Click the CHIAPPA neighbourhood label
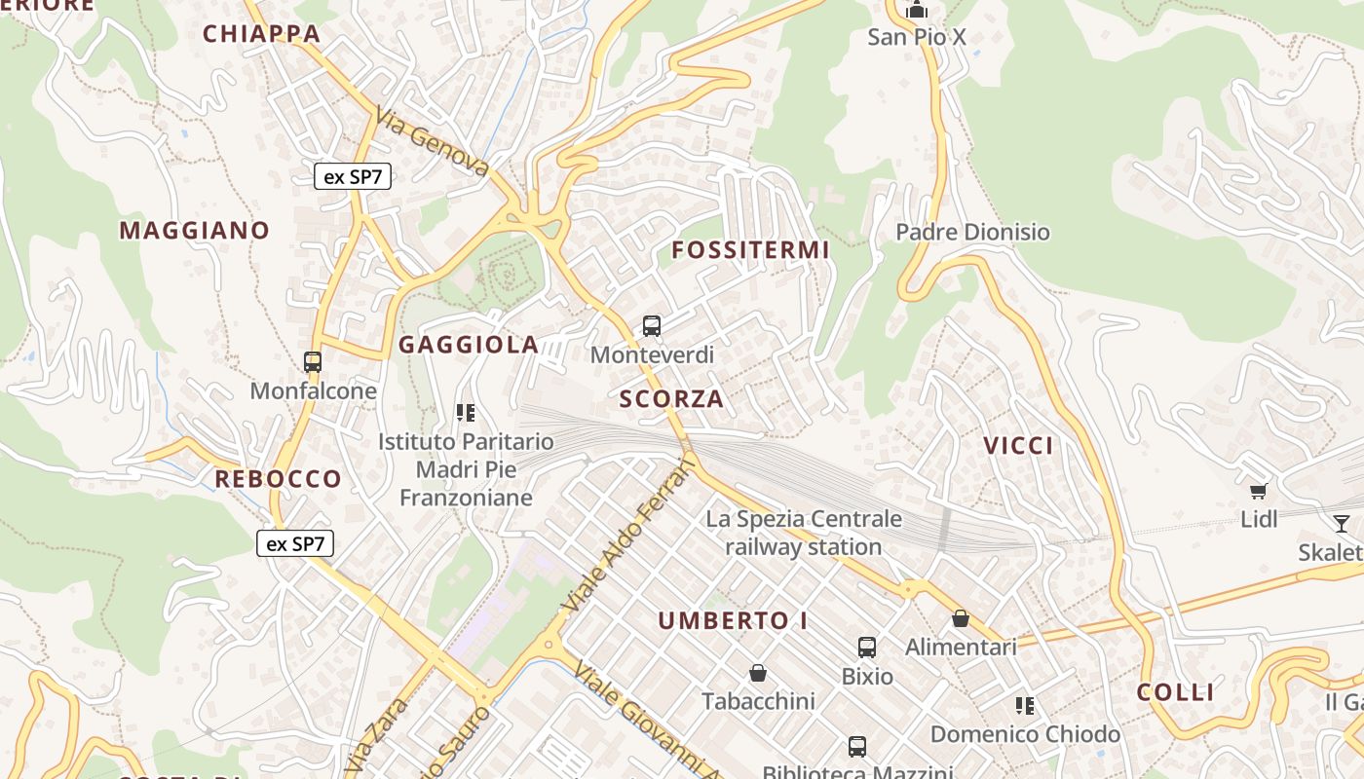[261, 34]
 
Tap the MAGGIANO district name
[194, 231]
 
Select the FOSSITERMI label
[750, 250]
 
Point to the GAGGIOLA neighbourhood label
[469, 345]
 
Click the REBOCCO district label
[278, 479]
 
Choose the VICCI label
[1018, 446]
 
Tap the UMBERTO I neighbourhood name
[733, 621]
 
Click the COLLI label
[1176, 692]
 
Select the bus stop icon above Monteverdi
[652, 326]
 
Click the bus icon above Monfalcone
[313, 362]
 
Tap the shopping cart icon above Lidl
[1259, 491]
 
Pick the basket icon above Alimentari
[961, 618]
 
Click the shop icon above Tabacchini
[758, 673]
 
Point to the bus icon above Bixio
[866, 648]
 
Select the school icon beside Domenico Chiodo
[1024, 705]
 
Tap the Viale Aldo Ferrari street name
[629, 538]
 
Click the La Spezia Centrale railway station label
[804, 533]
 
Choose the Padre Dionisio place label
[972, 232]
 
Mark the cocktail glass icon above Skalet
[1342, 524]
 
